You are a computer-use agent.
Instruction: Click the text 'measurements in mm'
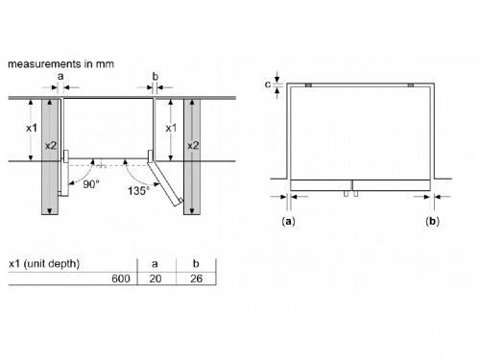60,64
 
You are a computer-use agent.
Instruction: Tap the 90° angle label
91,184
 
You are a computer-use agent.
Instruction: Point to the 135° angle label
138,191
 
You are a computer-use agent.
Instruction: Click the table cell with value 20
156,278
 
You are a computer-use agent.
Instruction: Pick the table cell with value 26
196,278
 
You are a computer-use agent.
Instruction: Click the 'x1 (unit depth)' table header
44,264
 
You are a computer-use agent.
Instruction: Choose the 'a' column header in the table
155,264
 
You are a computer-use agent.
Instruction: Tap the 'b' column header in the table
196,263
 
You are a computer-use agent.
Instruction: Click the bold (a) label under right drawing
288,221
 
